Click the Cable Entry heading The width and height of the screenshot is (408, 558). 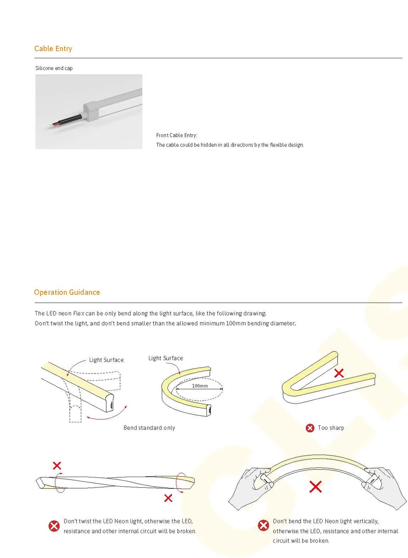(x=53, y=49)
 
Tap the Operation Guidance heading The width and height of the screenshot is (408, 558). (x=67, y=292)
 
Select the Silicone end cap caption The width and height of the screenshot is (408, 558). (x=54, y=68)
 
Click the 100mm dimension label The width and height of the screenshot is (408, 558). (x=200, y=386)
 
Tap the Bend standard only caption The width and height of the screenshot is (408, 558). (x=149, y=428)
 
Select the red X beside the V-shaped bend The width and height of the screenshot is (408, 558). (x=339, y=373)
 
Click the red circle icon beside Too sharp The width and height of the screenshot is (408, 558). (x=310, y=428)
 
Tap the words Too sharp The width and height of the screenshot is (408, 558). (x=331, y=428)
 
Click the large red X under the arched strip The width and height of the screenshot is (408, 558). (x=315, y=487)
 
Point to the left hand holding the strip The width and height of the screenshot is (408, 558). (x=251, y=486)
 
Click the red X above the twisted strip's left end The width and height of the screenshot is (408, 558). (x=57, y=466)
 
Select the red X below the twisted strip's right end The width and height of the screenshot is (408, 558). (x=168, y=498)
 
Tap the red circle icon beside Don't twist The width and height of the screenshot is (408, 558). (x=54, y=526)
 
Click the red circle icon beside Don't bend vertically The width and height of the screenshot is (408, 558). (x=264, y=525)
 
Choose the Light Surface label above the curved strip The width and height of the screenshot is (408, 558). (x=166, y=358)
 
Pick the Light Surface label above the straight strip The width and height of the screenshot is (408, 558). (x=106, y=360)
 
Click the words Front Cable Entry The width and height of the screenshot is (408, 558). (x=176, y=135)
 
